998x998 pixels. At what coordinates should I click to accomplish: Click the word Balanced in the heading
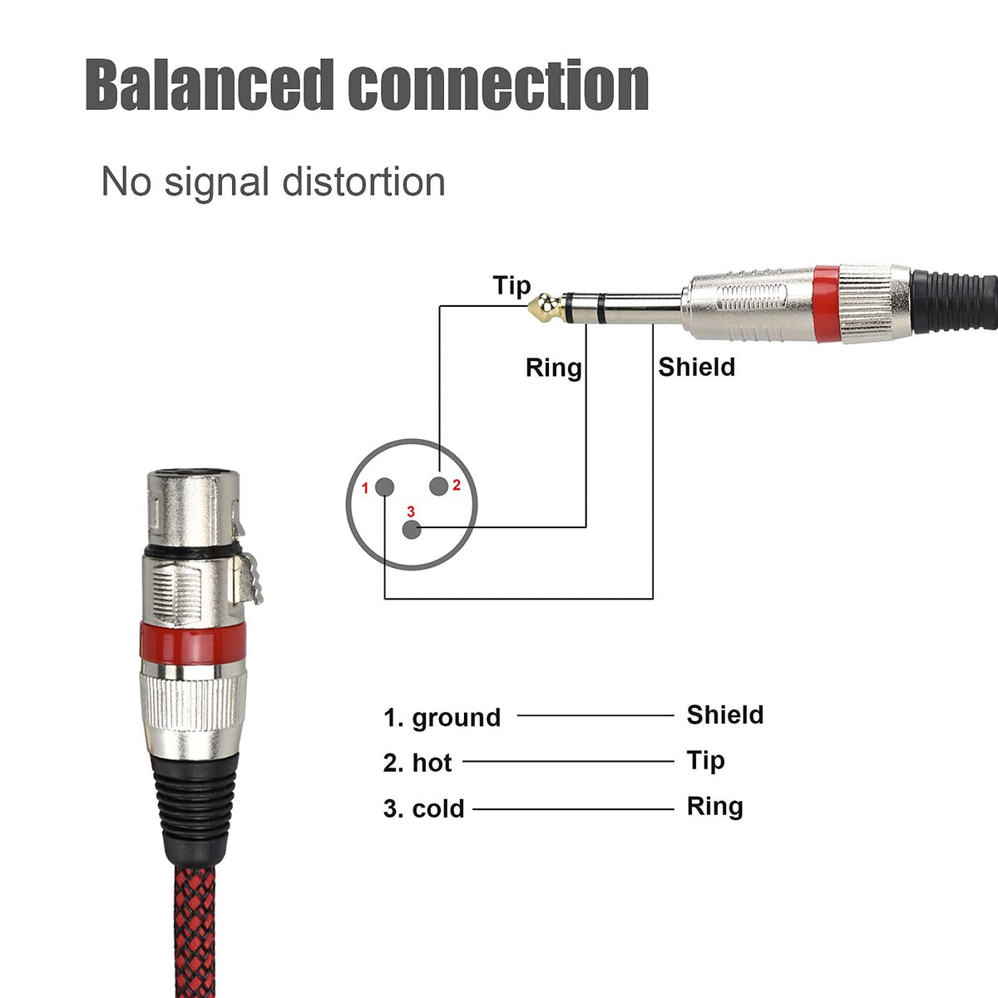(x=210, y=85)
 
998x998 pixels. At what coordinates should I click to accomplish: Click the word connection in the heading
(x=498, y=86)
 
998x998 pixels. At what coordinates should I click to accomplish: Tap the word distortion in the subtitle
(x=363, y=182)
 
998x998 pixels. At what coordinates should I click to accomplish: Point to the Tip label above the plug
(x=511, y=286)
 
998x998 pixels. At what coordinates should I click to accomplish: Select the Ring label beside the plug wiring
(x=554, y=368)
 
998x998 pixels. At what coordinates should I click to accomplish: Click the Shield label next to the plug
(x=697, y=368)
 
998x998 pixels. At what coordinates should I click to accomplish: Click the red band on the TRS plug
(x=826, y=304)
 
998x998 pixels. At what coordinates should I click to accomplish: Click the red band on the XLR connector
(x=193, y=644)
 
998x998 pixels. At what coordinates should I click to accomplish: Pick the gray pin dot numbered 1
(x=384, y=487)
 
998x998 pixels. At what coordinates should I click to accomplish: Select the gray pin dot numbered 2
(x=438, y=486)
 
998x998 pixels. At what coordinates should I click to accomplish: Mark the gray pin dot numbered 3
(x=412, y=529)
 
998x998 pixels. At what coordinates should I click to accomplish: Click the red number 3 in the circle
(x=411, y=511)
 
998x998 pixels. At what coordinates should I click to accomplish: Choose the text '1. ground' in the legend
(x=442, y=718)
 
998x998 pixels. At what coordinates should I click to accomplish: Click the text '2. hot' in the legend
(x=417, y=763)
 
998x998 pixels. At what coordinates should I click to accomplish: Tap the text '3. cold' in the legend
(x=423, y=808)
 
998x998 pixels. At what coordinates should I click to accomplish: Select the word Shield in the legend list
(x=725, y=714)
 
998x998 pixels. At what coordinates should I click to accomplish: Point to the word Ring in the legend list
(x=714, y=807)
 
